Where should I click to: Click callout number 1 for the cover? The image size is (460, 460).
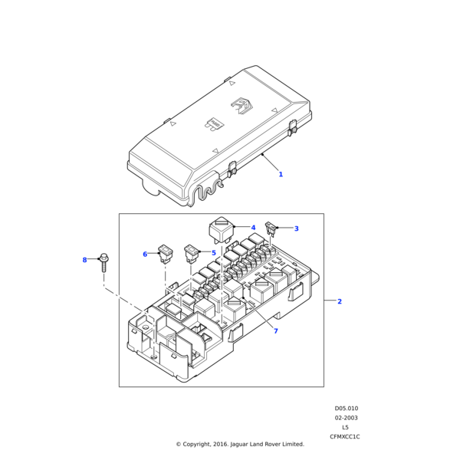[281, 174]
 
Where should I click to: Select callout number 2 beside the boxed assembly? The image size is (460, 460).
[340, 301]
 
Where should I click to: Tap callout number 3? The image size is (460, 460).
[296, 228]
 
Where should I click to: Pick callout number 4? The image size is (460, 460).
[253, 228]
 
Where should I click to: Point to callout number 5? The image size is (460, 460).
[214, 253]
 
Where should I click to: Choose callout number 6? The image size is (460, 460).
[145, 254]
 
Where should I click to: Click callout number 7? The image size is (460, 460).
[276, 331]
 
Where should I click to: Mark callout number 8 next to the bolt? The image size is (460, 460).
[85, 260]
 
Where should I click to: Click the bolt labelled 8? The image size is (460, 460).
[103, 262]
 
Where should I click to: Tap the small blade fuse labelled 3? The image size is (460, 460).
[270, 228]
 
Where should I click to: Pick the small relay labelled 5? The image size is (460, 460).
[192, 254]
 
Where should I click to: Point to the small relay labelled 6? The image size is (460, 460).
[166, 254]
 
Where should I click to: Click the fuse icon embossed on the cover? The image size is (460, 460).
[214, 124]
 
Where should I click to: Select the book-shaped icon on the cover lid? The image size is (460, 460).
[242, 106]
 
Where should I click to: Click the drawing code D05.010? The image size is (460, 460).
[347, 409]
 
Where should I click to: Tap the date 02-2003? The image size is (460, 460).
[347, 418]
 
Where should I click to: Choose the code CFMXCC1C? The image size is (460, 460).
[345, 437]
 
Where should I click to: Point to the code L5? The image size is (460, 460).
[345, 428]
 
